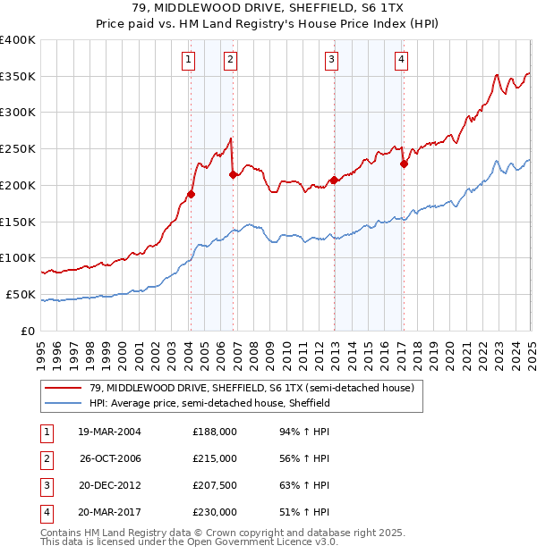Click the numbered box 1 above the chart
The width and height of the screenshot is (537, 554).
190,60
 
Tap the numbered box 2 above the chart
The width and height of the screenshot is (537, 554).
230,60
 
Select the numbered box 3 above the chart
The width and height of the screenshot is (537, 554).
331,60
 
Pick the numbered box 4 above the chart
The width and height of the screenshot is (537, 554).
402,60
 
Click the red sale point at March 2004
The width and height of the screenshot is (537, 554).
191,193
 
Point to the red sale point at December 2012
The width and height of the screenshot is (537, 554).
334,180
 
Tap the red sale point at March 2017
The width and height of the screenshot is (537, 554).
404,164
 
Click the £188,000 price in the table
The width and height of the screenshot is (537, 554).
215,432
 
